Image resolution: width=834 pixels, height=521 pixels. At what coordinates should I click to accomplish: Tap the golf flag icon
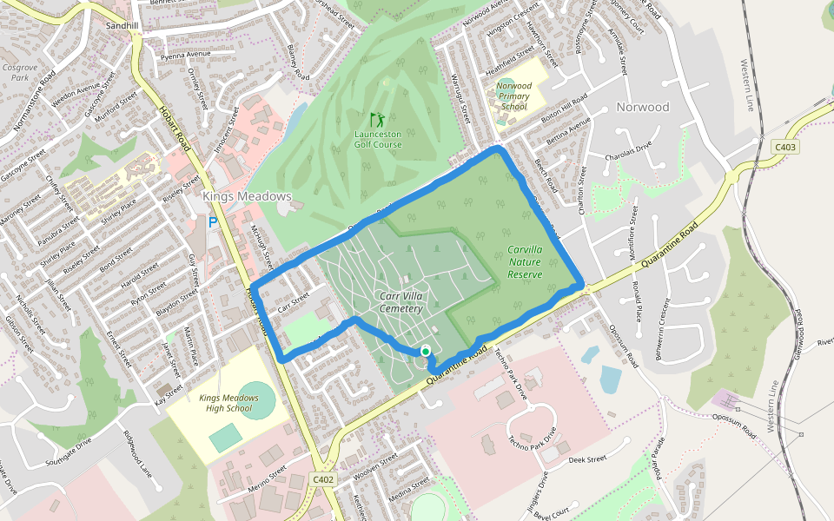(376, 119)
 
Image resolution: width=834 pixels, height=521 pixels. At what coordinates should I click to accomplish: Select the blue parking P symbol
(212, 223)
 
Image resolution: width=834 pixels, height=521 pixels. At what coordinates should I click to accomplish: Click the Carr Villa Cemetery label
(401, 302)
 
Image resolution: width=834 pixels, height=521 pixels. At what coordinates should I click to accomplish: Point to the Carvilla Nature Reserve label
(525, 261)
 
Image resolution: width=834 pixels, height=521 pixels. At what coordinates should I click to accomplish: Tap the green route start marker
(425, 351)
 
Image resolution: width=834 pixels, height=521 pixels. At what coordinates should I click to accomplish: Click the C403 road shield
(785, 148)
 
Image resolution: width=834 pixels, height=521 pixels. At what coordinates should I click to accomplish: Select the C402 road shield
(322, 479)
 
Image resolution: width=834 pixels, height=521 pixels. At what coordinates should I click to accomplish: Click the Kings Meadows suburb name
(247, 197)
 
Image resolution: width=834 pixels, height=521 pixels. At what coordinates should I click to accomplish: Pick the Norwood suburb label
(643, 107)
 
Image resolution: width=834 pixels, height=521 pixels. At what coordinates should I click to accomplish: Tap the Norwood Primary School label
(514, 96)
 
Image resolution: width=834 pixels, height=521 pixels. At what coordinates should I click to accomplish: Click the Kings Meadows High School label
(225, 403)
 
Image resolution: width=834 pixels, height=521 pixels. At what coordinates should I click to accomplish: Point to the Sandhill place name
(122, 26)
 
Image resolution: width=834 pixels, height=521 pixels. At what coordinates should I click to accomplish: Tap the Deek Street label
(586, 459)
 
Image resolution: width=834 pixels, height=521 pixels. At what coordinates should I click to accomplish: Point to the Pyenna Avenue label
(186, 55)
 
